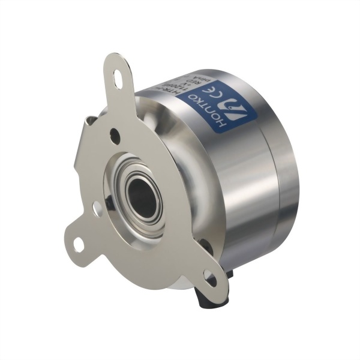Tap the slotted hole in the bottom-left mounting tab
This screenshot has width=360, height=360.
79,244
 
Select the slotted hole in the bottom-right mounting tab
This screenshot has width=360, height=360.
210,277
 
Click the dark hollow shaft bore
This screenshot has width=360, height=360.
142,199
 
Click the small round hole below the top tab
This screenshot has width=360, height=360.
115,137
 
